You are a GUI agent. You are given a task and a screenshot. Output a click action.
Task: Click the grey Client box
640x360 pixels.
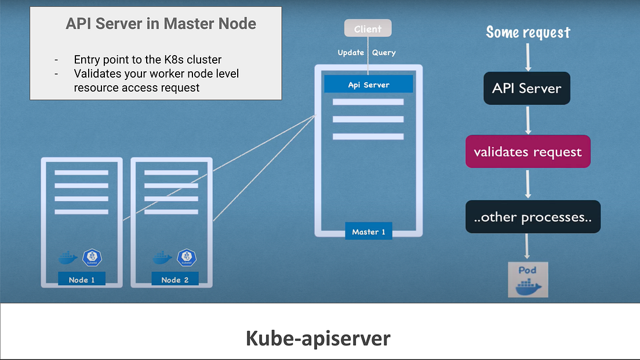[x=368, y=28]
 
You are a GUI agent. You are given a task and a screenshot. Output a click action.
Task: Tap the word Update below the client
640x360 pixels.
[x=351, y=53]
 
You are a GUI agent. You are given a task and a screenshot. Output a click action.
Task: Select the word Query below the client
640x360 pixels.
[x=384, y=53]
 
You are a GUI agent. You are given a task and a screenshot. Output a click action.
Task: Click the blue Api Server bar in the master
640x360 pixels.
[x=369, y=85]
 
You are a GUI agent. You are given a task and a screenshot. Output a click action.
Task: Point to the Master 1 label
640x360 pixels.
[x=369, y=232]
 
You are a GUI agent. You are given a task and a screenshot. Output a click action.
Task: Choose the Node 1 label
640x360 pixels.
[x=82, y=279]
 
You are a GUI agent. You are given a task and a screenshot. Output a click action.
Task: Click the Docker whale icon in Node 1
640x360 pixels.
[x=68, y=257]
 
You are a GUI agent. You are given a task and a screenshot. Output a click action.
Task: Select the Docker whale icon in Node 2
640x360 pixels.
[x=162, y=257]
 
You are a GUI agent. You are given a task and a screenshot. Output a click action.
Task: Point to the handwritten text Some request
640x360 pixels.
[x=528, y=32]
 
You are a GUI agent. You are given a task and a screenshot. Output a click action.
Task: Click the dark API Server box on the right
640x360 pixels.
[x=526, y=89]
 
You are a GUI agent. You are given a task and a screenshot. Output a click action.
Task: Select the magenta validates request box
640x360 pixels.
[x=528, y=152]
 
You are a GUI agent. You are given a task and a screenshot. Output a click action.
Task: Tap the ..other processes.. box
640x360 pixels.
[x=533, y=217]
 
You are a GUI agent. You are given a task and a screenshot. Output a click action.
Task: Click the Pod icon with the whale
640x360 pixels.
[x=528, y=279]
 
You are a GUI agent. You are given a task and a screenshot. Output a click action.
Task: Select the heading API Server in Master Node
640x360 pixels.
[x=161, y=24]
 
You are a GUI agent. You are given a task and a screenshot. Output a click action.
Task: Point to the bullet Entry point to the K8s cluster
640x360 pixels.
[x=147, y=60]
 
